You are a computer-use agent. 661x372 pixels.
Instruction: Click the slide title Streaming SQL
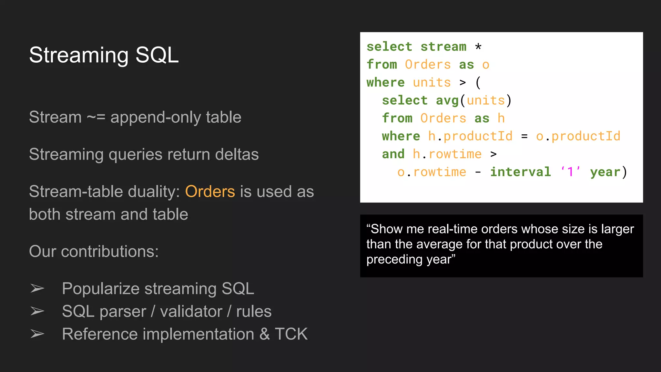coord(104,55)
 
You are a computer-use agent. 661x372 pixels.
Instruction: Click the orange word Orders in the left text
coord(210,191)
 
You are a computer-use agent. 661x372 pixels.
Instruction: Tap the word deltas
coord(237,154)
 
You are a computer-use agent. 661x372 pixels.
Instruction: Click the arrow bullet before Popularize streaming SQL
coord(37,288)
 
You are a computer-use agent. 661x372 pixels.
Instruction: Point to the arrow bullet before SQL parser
coord(37,311)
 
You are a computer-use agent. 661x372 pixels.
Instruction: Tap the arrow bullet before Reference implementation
coord(37,334)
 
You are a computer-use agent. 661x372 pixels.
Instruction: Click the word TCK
coord(291,334)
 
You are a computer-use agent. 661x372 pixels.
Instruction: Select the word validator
coord(191,312)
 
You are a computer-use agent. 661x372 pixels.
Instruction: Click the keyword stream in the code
coord(443,47)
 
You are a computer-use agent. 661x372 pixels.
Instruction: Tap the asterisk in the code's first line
coord(478,47)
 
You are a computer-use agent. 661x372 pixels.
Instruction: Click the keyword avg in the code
coord(447,100)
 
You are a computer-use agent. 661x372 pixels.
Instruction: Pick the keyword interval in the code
coord(520,172)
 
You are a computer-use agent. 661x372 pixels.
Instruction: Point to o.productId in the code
coord(578,136)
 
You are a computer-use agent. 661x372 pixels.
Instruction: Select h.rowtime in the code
coord(447,154)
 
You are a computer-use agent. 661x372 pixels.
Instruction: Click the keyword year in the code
coord(605,172)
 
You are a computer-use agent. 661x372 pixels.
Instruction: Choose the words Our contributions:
coord(94,251)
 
